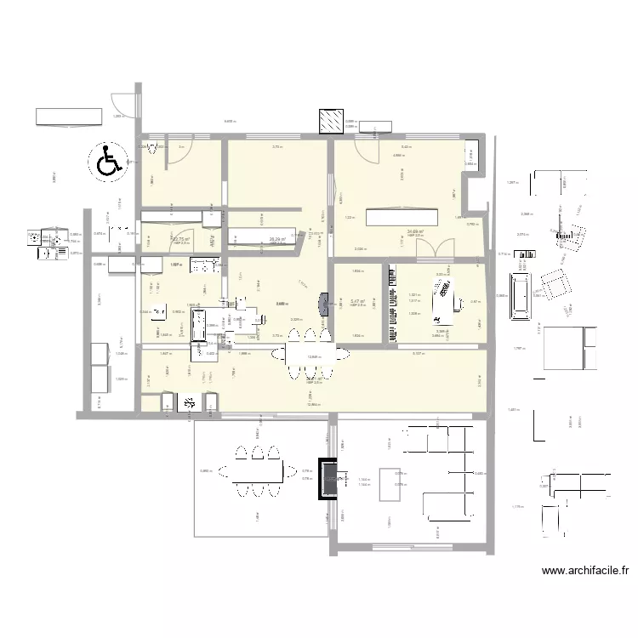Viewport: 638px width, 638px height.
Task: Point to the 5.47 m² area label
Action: click(357, 301)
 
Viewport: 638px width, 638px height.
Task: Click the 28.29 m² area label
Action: click(277, 240)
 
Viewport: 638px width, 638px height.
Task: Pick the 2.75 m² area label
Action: click(179, 240)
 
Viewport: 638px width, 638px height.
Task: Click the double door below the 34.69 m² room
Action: click(436, 248)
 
